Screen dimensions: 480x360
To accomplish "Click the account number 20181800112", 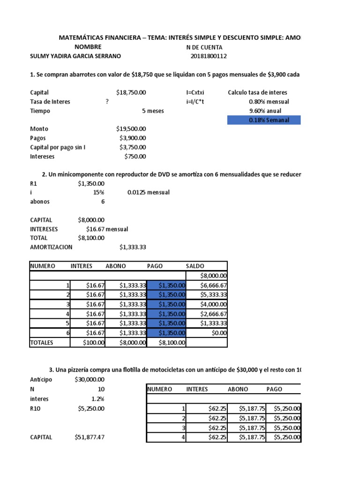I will pos(209,56).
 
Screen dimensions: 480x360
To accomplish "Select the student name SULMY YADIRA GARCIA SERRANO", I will pos(75,56).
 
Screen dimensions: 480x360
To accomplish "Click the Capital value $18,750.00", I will pos(131,93).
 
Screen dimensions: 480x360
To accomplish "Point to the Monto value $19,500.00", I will pos(131,129).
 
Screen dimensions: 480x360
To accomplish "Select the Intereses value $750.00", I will pos(135,157).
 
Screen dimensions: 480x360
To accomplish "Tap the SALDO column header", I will pos(195,266).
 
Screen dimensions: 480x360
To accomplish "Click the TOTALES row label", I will pos(42,343).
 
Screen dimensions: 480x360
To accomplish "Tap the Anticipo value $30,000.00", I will pos(89,380).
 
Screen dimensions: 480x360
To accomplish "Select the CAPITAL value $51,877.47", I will pos(89,437).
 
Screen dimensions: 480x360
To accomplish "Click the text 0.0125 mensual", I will pos(148,193).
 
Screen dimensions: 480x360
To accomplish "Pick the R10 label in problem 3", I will pos(36,408).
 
